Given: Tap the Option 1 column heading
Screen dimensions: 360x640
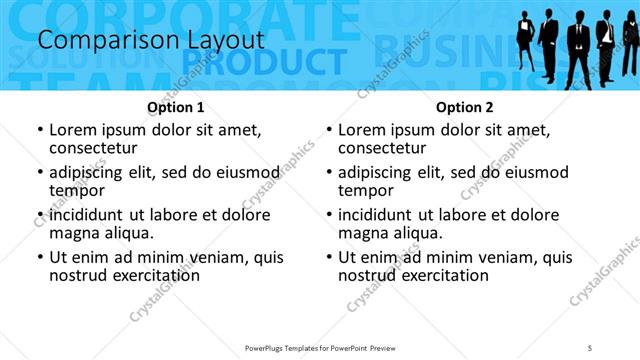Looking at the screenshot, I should coord(176,107).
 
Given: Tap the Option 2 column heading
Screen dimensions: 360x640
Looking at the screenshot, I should coord(465,107).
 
